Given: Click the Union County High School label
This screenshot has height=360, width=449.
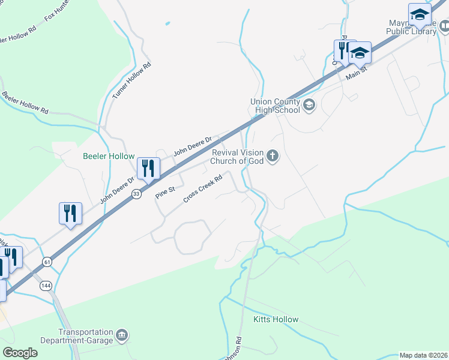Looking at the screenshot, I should [x=275, y=106].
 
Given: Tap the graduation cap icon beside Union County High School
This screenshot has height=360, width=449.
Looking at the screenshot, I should [x=309, y=106].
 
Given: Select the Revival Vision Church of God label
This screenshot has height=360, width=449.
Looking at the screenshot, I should [x=237, y=156].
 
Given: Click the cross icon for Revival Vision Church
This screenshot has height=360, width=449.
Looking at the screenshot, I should [x=273, y=157].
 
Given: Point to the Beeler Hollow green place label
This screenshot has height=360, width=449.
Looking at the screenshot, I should [x=109, y=156].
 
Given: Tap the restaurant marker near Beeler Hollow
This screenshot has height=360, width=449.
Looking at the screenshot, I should [x=148, y=168].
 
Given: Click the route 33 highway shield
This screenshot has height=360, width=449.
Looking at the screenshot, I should [x=137, y=193].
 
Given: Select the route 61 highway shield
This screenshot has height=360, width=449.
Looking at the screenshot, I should [x=47, y=262].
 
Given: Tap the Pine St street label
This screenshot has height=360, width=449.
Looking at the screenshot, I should [x=164, y=193].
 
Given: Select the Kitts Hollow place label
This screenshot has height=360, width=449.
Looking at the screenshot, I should [x=276, y=319].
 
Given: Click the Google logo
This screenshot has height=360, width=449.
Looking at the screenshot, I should [x=20, y=353].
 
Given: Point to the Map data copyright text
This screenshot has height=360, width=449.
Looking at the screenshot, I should [x=423, y=355].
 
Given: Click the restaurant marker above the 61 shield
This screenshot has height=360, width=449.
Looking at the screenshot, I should [x=70, y=213].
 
